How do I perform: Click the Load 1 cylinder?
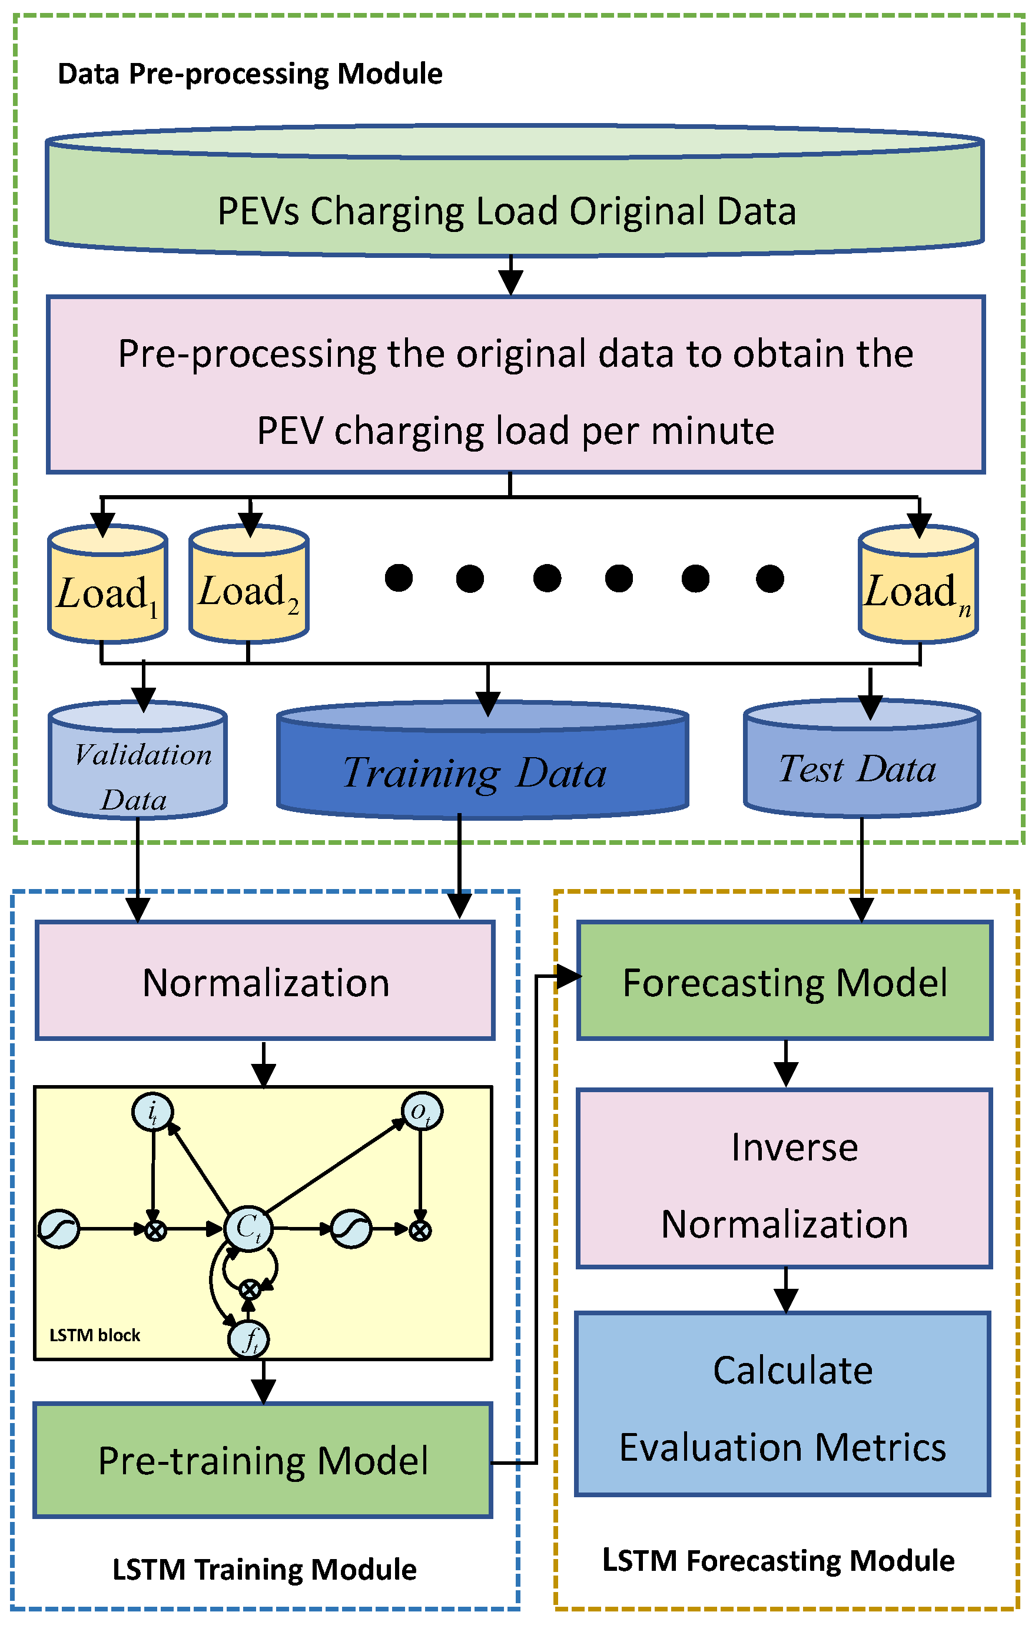point(107,585)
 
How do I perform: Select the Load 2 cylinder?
point(248,585)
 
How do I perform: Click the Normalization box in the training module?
point(265,983)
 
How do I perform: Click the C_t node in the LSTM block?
point(248,1228)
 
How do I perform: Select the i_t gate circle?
point(152,1112)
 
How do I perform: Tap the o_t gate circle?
point(422,1112)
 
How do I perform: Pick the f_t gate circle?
point(249,1339)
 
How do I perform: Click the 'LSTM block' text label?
point(94,1335)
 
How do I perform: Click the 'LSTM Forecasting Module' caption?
point(778,1560)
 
